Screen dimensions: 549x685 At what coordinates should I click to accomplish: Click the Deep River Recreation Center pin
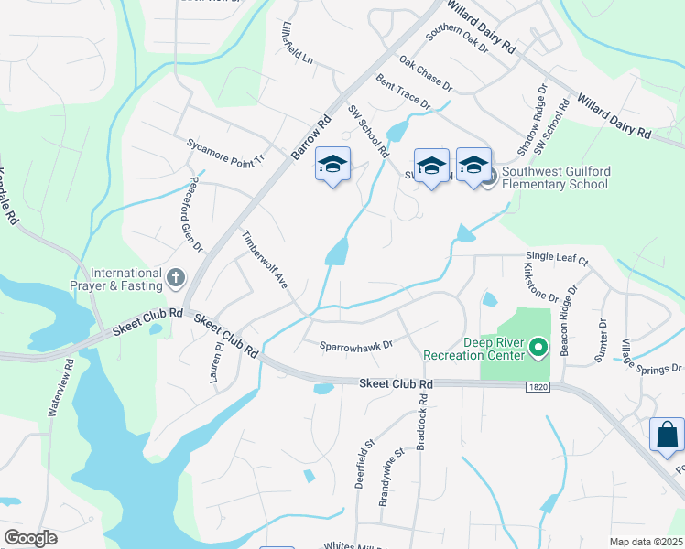click(538, 347)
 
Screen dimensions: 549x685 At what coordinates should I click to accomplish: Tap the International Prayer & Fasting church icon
click(177, 275)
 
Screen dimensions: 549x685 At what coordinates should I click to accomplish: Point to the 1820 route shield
click(538, 388)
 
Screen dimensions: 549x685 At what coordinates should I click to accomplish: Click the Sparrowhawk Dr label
click(356, 345)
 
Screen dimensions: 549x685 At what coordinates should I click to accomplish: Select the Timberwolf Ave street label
click(265, 259)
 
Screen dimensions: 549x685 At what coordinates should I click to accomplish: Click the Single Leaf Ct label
click(556, 259)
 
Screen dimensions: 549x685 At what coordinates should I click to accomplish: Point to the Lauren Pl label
click(218, 360)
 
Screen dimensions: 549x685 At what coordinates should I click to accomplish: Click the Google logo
click(30, 538)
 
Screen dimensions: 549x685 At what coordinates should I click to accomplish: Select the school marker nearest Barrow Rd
click(332, 166)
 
